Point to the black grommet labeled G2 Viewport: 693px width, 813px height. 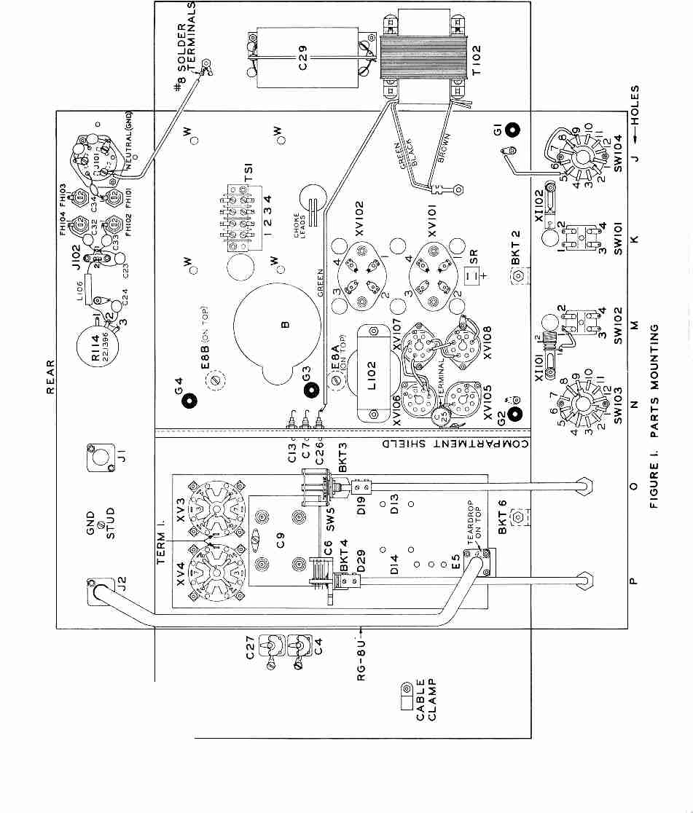515,415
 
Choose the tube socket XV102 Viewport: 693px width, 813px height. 361,273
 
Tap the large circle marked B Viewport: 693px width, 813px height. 277,325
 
